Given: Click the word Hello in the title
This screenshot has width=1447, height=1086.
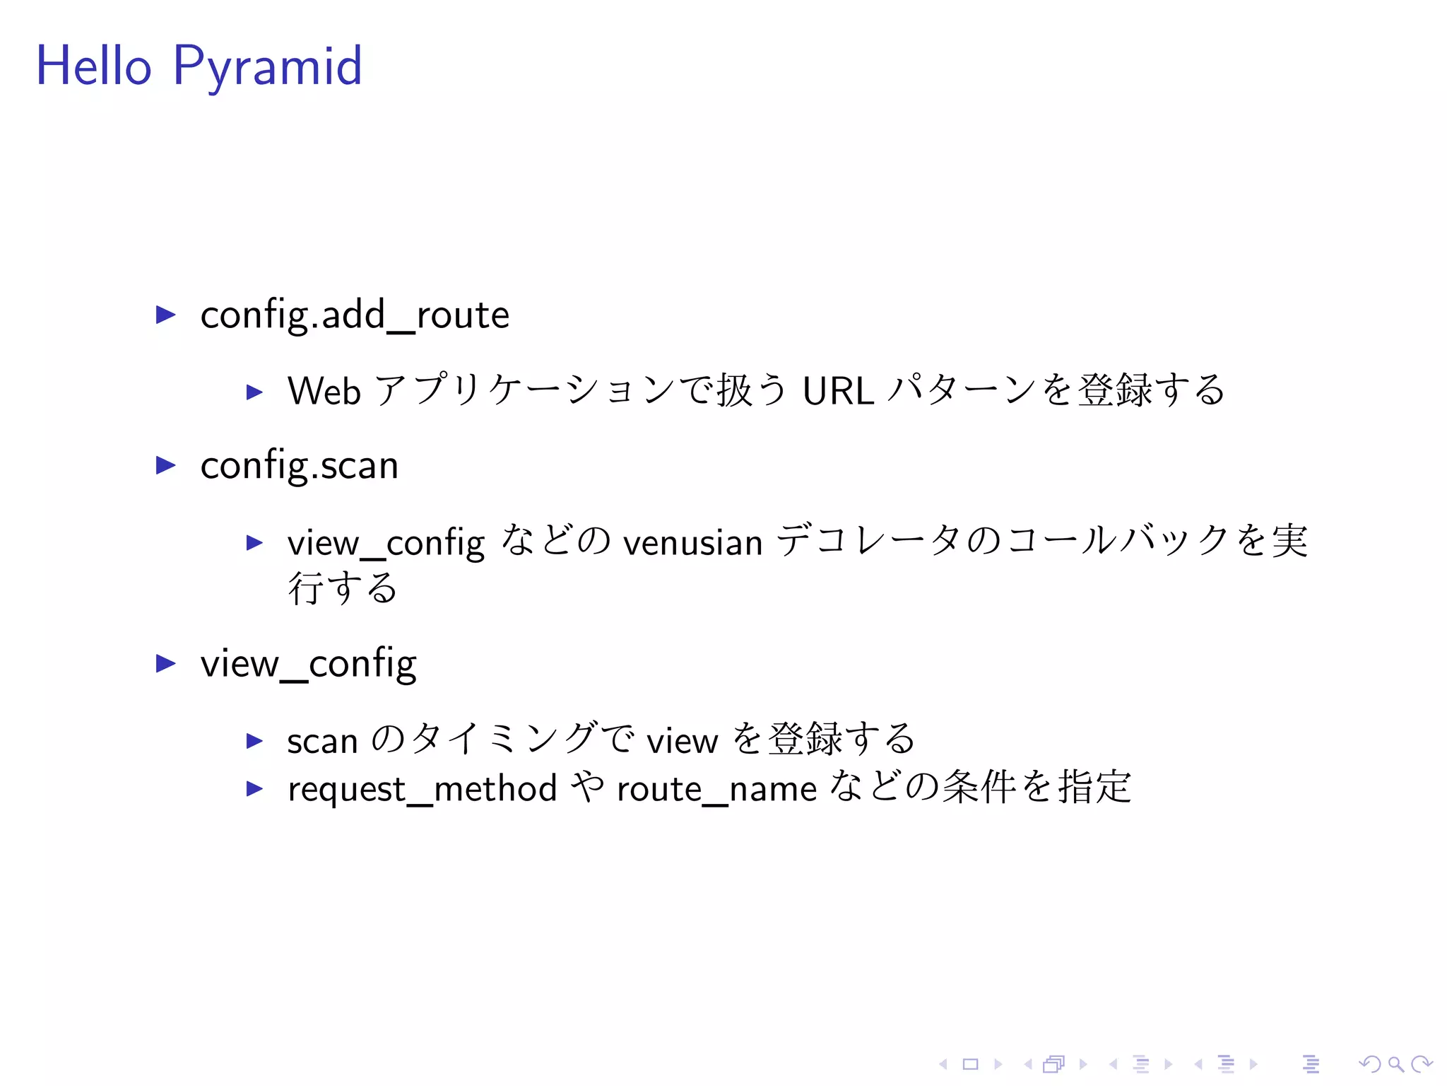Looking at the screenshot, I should pos(93,66).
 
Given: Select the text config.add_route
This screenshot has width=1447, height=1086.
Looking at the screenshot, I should pos(354,315).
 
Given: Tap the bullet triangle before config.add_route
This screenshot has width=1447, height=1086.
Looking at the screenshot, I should pos(165,315).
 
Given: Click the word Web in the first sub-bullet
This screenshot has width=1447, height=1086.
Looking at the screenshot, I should pos(324,391).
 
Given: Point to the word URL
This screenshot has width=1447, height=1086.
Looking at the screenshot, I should pos(838,391).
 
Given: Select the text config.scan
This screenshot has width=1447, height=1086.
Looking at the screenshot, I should pos(299,466).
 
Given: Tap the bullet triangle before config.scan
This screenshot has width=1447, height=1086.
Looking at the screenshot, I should pos(165,465).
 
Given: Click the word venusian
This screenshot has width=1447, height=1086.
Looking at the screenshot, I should pos(692,543).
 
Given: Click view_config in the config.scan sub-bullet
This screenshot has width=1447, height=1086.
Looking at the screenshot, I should pos(386,543).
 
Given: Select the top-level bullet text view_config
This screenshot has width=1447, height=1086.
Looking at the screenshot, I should pos(308,664).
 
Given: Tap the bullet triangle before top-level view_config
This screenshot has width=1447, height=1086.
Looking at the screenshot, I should pos(165,663).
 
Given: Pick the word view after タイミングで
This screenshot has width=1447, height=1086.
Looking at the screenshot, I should pos(683,741).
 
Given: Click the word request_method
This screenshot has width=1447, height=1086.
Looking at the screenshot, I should pos(423,789).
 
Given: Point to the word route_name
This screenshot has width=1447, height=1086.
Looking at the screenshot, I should pos(716,789).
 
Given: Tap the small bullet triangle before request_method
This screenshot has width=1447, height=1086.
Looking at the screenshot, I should pos(254,789).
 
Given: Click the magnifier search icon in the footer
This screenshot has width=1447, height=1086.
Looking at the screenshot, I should pos(1395,1064).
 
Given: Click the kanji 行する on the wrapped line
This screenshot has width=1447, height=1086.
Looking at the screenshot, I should pos(343,588).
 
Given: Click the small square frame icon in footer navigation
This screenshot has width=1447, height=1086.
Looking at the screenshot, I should pos(970,1064).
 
